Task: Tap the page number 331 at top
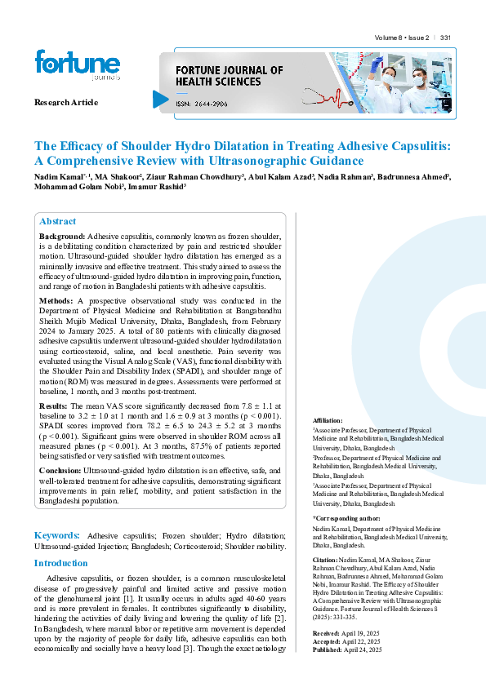coord(445,38)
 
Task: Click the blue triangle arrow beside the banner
coord(160,99)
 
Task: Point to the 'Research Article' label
coord(66,103)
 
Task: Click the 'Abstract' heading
coord(57,221)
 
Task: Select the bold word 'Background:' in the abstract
coord(62,236)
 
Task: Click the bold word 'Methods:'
coord(57,301)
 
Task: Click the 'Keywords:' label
coord(57,534)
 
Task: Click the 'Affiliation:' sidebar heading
coord(328,419)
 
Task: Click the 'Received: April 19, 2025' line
coord(348,633)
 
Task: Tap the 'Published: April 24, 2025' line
coord(349,649)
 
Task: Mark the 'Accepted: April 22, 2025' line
coord(349,641)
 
